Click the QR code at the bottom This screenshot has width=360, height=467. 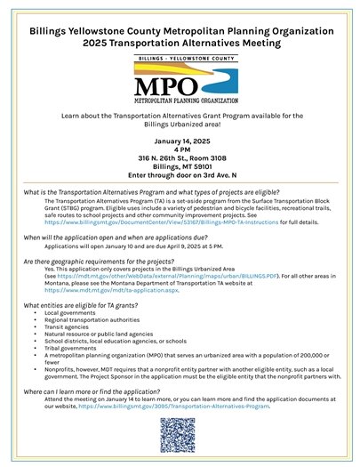pyautogui.click(x=180, y=437)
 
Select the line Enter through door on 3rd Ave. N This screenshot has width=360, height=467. pyautogui.click(x=180, y=173)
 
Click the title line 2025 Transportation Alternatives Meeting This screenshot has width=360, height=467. pyautogui.click(x=180, y=41)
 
